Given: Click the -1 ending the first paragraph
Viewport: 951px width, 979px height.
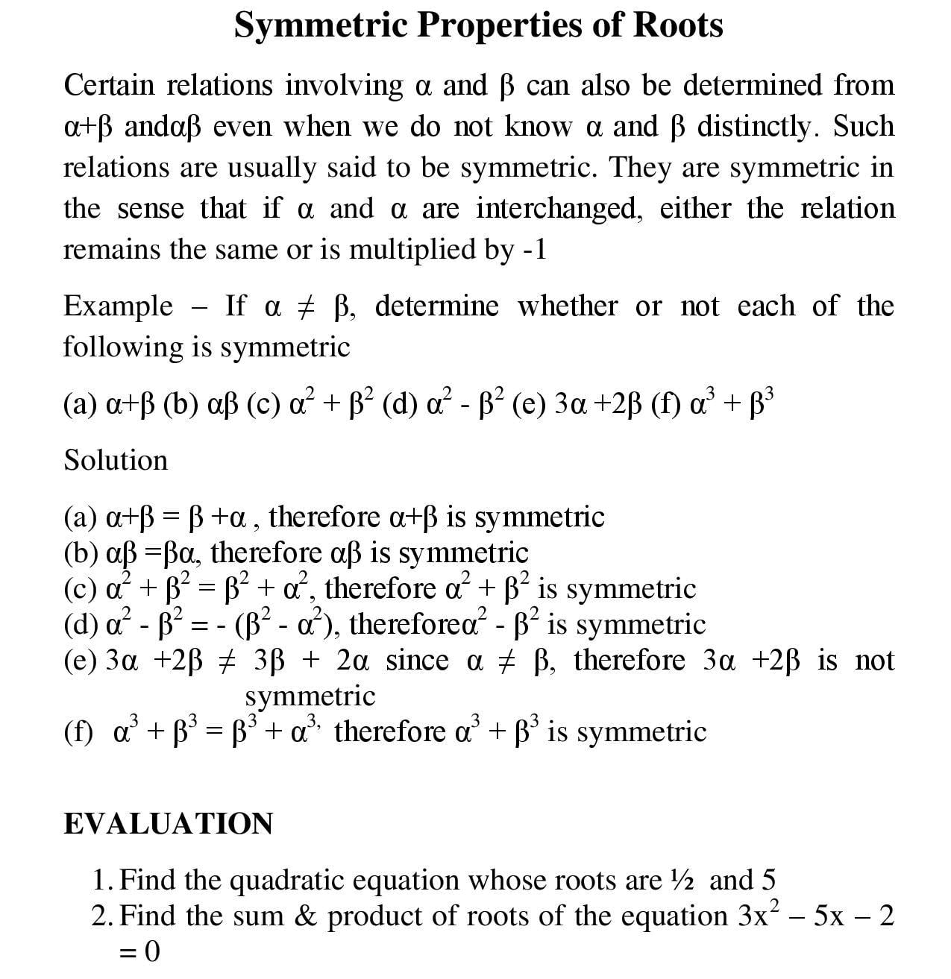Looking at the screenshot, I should [x=535, y=249].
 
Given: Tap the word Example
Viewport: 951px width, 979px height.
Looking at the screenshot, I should [x=118, y=306].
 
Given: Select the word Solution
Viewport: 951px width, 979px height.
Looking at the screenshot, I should [x=116, y=460].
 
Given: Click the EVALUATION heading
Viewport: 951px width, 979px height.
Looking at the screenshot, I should [x=168, y=824].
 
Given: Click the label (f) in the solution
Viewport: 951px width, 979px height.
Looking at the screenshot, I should [x=78, y=731].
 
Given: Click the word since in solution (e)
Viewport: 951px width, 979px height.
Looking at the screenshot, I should [x=417, y=661].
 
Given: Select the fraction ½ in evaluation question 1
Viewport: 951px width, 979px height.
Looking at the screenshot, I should [x=683, y=881].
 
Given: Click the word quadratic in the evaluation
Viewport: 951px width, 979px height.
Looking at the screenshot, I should [x=286, y=881].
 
